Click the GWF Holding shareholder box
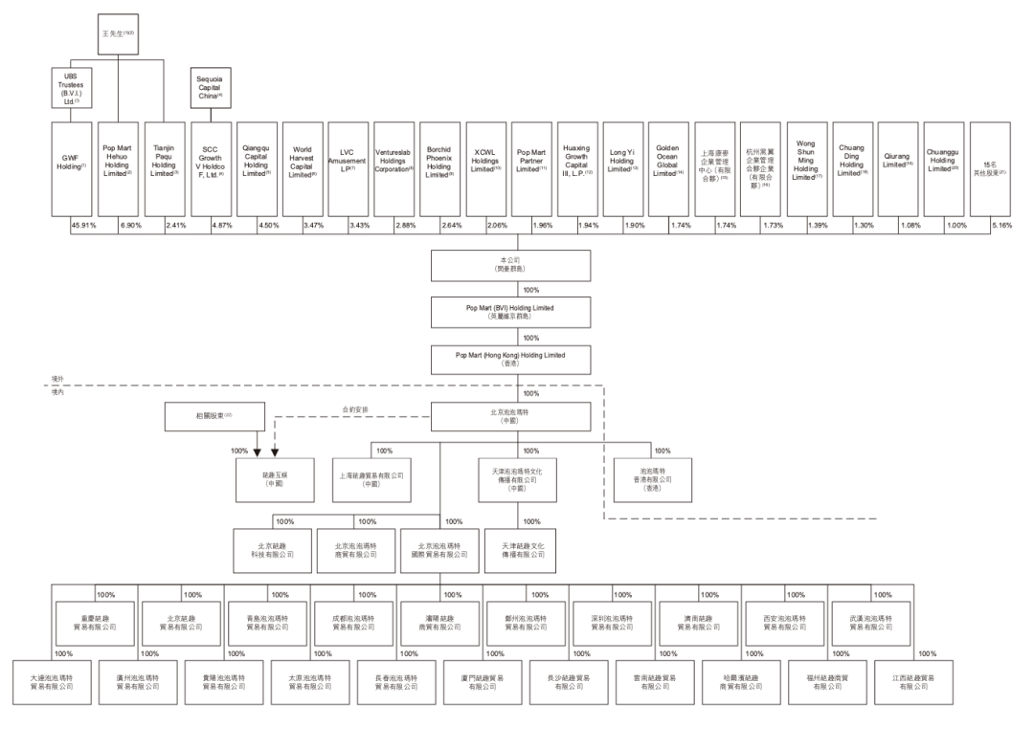coord(72,169)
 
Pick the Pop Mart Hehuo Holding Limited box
coord(119,169)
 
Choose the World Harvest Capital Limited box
coord(302,169)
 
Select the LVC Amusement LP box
coord(347,169)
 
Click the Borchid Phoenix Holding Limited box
coord(439,169)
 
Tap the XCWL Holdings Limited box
coord(486,169)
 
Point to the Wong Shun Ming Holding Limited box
coord(806,169)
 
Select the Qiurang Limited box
coord(899,169)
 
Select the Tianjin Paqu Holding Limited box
coord(164,169)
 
